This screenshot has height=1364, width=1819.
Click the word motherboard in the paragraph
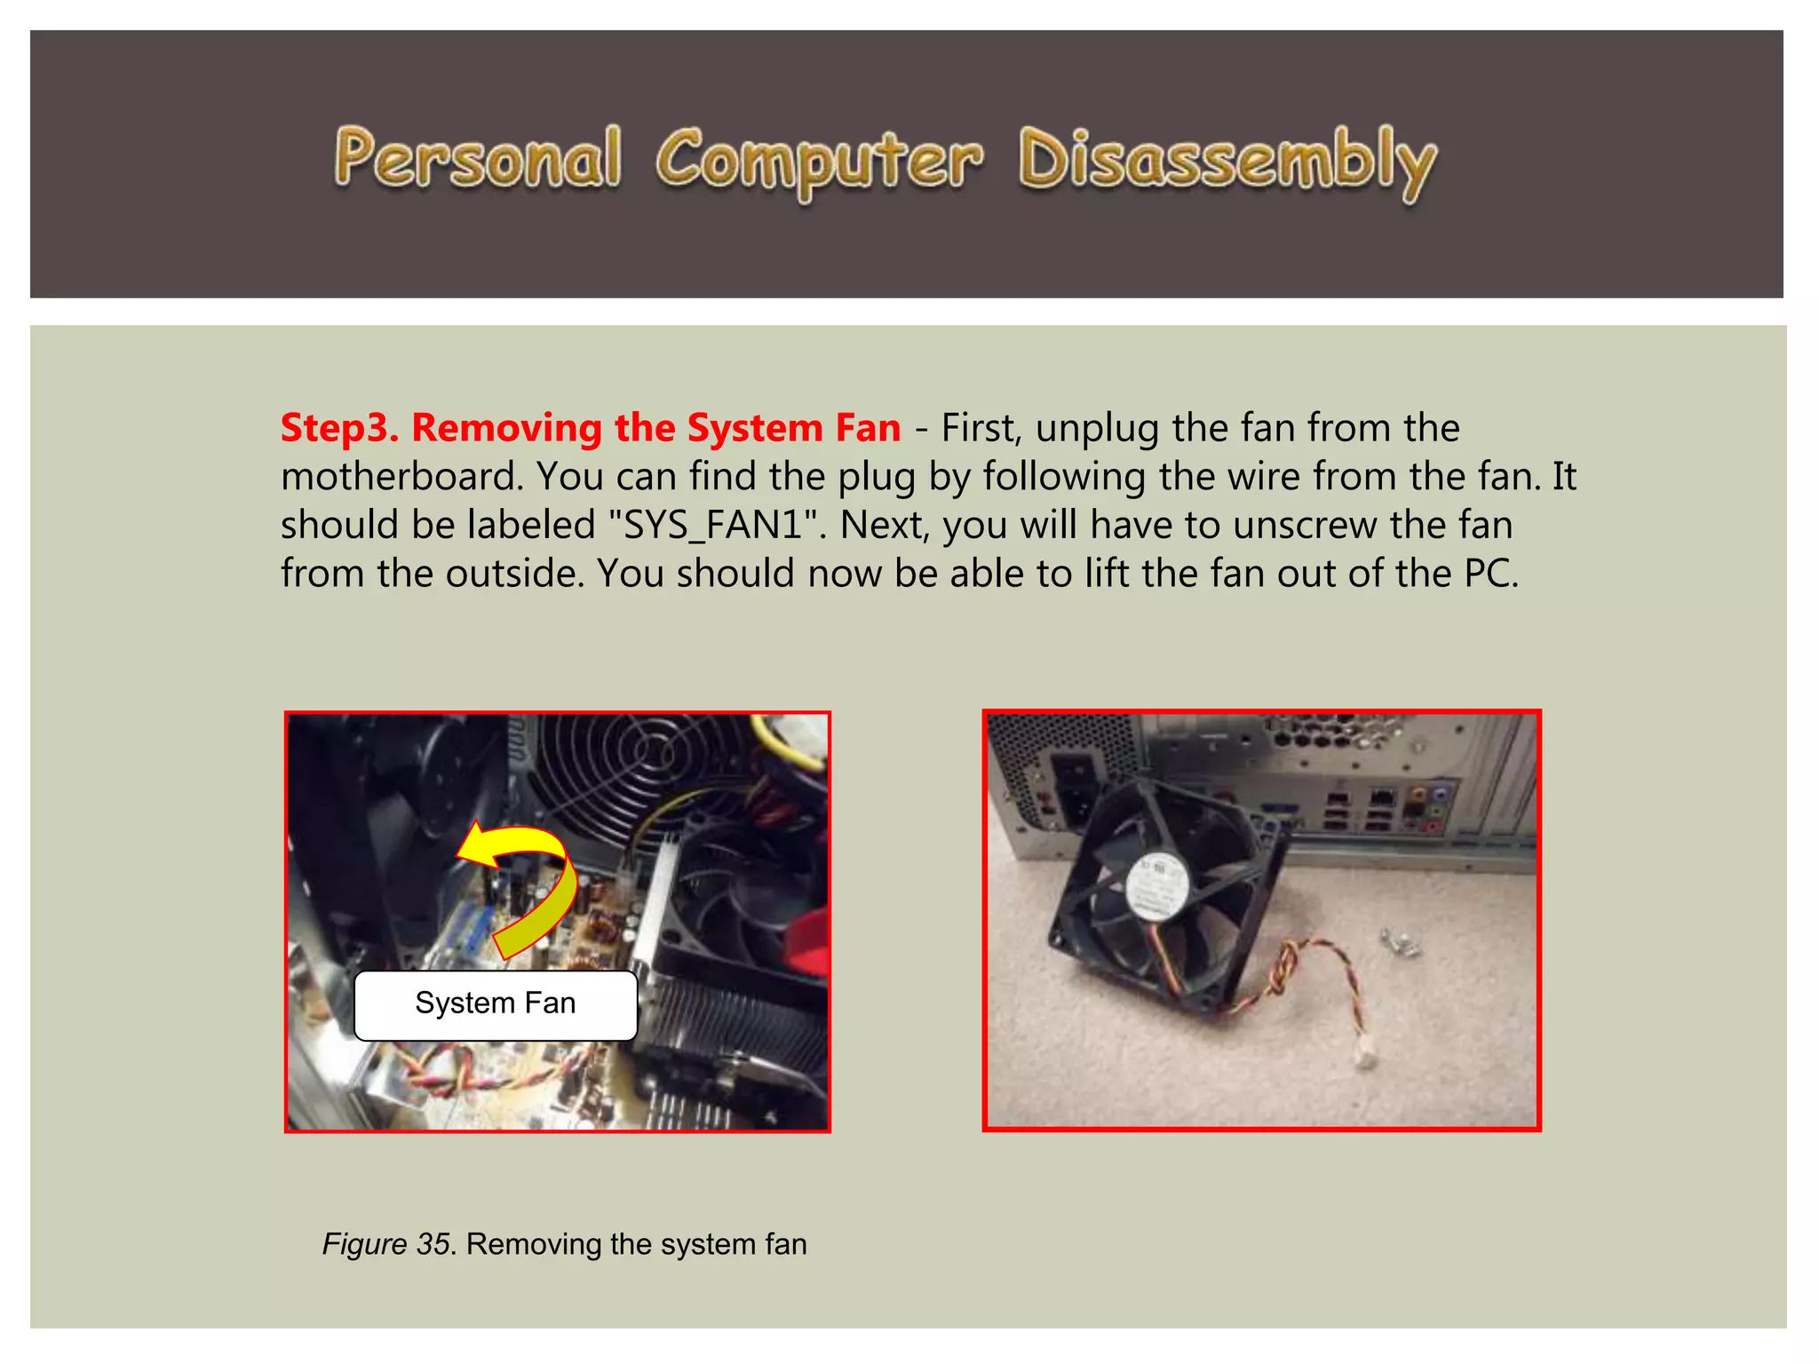[x=402, y=477]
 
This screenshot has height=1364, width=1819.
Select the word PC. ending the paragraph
[x=1491, y=574]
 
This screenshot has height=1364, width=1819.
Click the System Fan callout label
[x=496, y=1004]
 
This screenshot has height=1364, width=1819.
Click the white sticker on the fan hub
[x=1158, y=884]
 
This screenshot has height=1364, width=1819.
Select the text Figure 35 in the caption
[x=387, y=1244]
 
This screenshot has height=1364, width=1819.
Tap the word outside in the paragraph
[x=514, y=574]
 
